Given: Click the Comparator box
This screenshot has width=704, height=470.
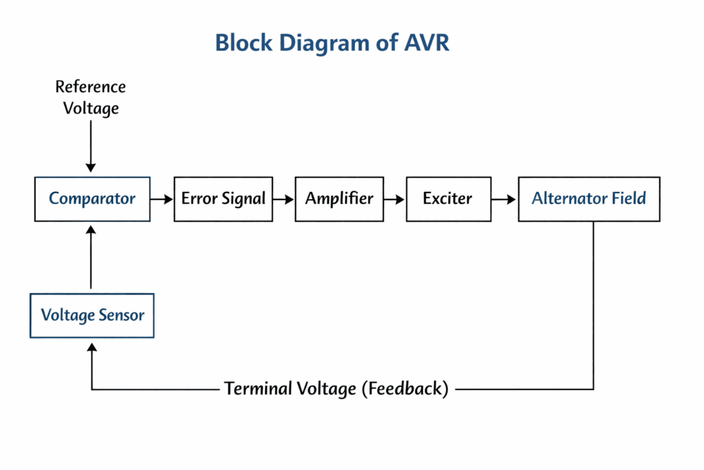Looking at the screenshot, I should (x=92, y=199).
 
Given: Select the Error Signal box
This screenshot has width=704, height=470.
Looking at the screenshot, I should (x=223, y=199).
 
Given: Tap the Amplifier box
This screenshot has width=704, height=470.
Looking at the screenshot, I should (x=339, y=199).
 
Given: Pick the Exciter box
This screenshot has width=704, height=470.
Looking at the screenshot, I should (x=448, y=199).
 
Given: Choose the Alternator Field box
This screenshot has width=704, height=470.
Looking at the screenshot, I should (x=589, y=199).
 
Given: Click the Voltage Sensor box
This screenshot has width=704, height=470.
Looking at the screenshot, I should (x=92, y=316).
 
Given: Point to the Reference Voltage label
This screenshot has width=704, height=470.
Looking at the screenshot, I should (x=91, y=98).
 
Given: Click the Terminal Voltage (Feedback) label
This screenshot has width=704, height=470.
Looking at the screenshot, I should (x=336, y=389).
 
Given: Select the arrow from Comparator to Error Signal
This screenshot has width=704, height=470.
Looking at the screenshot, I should (x=162, y=200).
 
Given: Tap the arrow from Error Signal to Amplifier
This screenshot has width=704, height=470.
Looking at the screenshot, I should (x=283, y=200).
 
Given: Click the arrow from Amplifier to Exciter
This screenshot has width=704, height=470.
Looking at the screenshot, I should (x=395, y=200).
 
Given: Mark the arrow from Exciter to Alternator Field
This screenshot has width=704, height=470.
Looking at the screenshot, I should (x=505, y=200).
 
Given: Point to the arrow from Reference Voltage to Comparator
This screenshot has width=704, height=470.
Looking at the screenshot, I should (x=91, y=148).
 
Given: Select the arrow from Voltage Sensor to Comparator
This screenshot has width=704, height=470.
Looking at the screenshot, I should (x=91, y=257).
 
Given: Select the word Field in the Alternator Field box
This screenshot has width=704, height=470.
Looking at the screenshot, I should (x=630, y=199).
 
